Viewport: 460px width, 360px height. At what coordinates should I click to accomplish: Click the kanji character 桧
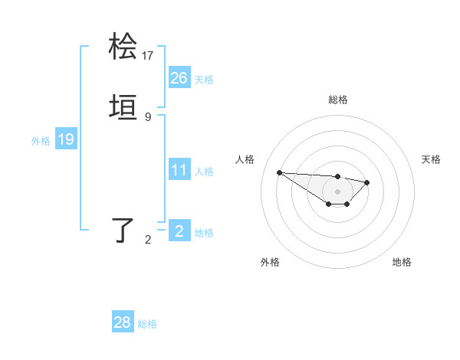(x=123, y=47)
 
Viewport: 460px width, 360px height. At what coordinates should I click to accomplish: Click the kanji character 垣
(x=123, y=110)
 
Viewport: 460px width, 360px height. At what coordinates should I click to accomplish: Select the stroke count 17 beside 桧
(x=148, y=55)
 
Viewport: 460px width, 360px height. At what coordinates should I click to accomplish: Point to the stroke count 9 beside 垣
(x=148, y=117)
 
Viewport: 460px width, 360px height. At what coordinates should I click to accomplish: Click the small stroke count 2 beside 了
(x=148, y=240)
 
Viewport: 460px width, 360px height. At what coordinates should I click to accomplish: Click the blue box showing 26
(x=179, y=78)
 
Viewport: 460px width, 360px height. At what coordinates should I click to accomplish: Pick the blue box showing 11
(x=179, y=170)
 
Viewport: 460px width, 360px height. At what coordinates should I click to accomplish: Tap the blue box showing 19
(x=65, y=139)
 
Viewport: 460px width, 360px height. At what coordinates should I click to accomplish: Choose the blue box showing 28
(x=123, y=322)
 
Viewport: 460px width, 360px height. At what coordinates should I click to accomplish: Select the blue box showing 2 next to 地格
(x=179, y=231)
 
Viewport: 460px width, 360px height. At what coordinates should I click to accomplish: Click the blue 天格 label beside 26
(x=204, y=80)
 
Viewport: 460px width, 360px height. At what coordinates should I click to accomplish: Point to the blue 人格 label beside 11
(x=204, y=172)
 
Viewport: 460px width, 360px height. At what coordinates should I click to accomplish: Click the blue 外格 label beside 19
(x=41, y=141)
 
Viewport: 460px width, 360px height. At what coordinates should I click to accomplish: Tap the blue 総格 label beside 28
(x=147, y=324)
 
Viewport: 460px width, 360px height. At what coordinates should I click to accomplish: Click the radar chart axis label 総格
(x=337, y=100)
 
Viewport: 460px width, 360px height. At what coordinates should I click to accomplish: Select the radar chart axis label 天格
(x=431, y=159)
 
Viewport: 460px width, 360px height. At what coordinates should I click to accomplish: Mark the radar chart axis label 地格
(x=402, y=262)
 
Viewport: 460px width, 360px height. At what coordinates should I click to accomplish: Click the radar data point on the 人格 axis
(x=279, y=172)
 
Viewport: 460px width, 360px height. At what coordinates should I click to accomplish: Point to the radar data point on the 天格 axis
(x=367, y=182)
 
